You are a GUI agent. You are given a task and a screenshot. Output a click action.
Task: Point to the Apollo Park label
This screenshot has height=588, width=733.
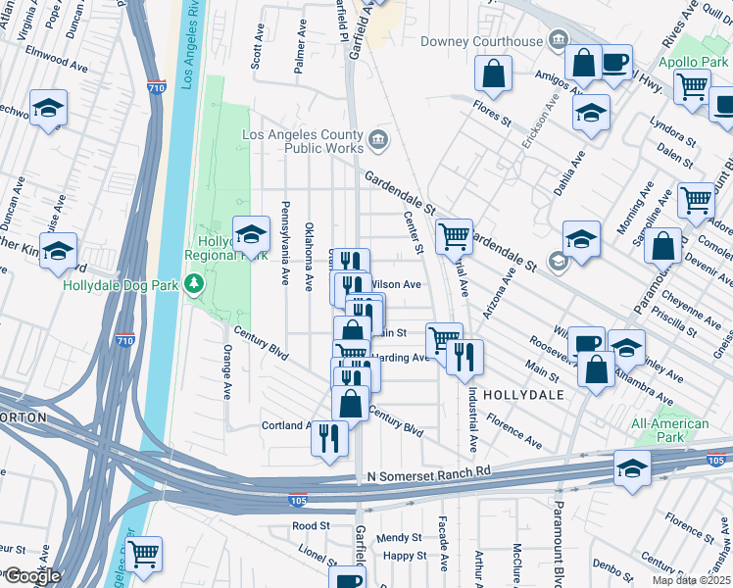point(693,60)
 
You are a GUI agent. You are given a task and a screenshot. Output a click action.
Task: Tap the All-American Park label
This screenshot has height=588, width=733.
point(670,430)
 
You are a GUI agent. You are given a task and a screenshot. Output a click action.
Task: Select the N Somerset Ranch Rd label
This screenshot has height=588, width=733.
point(428,476)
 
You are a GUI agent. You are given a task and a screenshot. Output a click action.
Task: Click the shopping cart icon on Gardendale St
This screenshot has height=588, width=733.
point(454,236)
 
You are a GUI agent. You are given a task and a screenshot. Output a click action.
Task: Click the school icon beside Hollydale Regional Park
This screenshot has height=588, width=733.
point(251,235)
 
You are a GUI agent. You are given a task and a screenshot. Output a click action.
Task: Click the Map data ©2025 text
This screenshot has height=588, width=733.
point(690,580)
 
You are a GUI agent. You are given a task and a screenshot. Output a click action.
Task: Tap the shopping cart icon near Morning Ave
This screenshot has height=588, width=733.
point(696,199)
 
